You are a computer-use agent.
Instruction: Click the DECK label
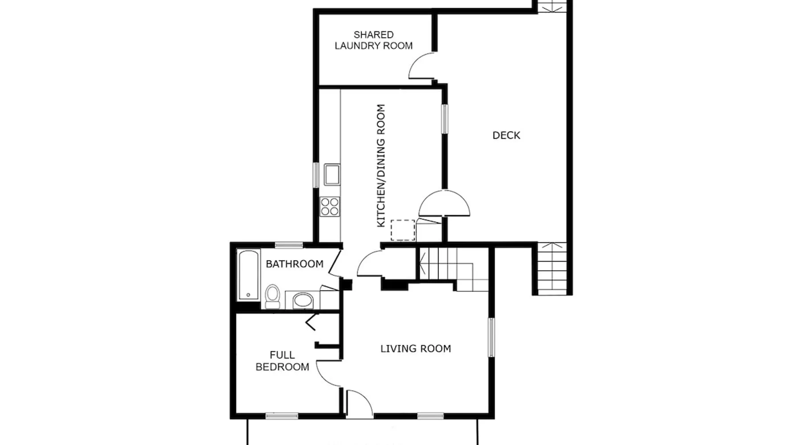[x=506, y=135]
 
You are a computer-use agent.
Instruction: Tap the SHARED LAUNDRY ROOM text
[x=373, y=40]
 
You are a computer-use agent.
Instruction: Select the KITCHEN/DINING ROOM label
[x=381, y=166]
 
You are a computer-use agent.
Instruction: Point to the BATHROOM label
[x=295, y=264]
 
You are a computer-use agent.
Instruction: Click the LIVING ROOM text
[x=415, y=348]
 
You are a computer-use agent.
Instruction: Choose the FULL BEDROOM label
[x=282, y=361]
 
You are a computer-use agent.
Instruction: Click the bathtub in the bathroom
[x=248, y=275]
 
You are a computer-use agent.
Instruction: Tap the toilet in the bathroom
[x=272, y=296]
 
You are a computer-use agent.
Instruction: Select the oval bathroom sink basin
[x=303, y=300]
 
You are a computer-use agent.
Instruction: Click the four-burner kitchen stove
[x=330, y=206]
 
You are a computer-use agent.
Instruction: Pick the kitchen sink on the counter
[x=331, y=174]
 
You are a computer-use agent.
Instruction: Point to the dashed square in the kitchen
[x=403, y=230]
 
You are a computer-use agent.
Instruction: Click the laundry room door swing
[x=421, y=66]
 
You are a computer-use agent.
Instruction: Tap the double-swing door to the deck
[x=444, y=204]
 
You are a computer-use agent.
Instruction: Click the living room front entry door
[x=359, y=404]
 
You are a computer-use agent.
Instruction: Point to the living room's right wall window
[x=491, y=337]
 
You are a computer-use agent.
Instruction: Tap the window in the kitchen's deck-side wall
[x=445, y=118]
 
